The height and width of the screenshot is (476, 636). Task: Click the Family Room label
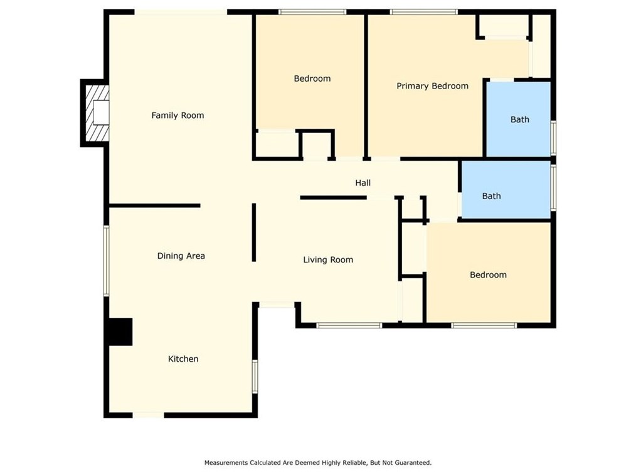click(x=178, y=116)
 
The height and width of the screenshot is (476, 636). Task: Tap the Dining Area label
click(x=181, y=256)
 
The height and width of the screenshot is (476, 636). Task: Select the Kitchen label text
click(x=183, y=359)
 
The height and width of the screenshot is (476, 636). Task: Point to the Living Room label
click(x=328, y=259)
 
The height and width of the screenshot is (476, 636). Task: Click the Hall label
click(x=363, y=183)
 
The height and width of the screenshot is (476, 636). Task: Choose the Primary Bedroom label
click(x=432, y=86)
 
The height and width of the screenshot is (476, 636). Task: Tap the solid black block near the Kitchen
click(x=120, y=332)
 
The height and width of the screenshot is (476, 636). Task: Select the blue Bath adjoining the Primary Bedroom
click(x=518, y=119)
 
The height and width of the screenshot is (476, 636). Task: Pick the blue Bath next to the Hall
click(x=506, y=190)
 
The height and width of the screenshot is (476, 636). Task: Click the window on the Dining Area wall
click(x=106, y=261)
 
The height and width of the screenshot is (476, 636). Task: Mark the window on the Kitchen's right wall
click(x=255, y=376)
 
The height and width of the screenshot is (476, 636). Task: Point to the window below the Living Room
click(x=349, y=325)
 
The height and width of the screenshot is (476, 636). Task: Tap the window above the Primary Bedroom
click(x=424, y=12)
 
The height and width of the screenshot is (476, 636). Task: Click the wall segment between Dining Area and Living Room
click(x=254, y=232)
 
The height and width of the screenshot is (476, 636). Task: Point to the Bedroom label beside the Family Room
click(x=312, y=78)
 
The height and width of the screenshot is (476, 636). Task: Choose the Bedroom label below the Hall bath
click(x=489, y=275)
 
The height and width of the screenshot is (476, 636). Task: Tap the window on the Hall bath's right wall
click(x=553, y=188)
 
